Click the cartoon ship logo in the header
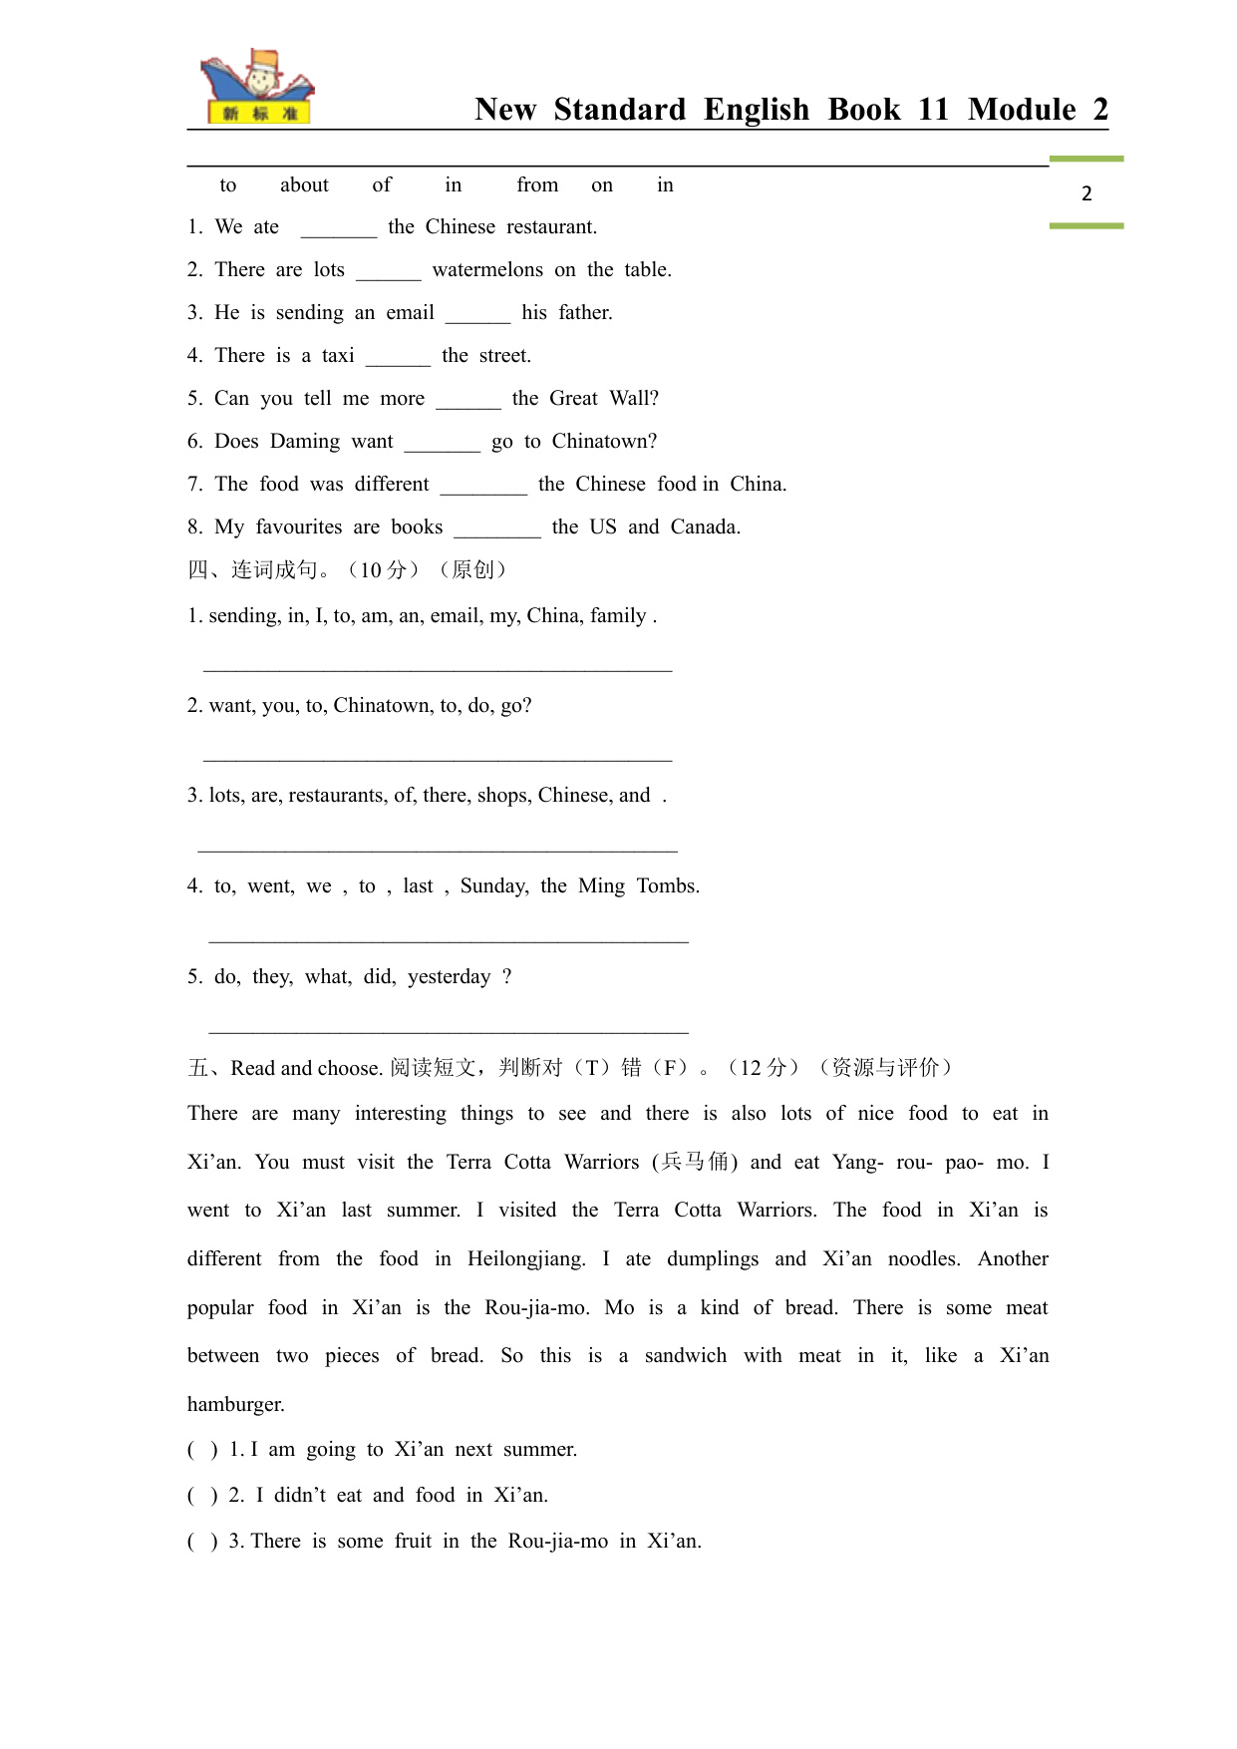257,88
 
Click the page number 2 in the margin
1086,193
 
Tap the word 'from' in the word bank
537,184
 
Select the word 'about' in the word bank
304,184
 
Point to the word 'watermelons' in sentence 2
487,269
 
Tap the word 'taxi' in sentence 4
338,355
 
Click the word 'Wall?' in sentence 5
634,398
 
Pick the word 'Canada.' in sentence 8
705,526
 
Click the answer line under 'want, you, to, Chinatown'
438,760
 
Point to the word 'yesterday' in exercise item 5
449,976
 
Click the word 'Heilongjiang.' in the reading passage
526,1258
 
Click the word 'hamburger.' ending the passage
236,1404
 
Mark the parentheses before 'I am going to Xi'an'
202,1450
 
